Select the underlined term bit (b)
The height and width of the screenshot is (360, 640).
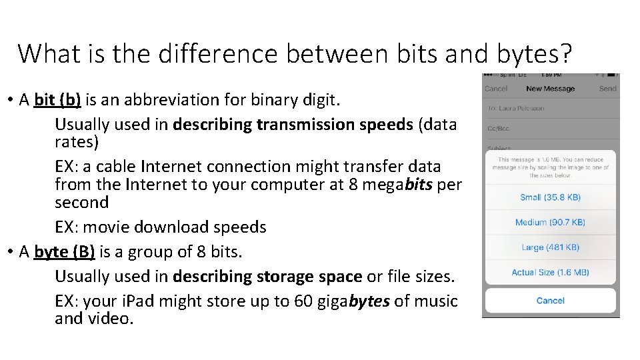(x=57, y=100)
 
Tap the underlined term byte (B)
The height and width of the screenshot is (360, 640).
(x=63, y=251)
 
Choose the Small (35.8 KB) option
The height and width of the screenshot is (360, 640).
(x=550, y=197)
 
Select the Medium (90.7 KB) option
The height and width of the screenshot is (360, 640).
(x=550, y=223)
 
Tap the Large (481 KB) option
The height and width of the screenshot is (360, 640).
(x=550, y=247)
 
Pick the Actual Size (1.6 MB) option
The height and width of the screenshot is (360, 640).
(x=550, y=272)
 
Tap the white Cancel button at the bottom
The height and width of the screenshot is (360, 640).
(x=550, y=301)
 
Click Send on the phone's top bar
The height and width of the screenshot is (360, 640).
(x=607, y=89)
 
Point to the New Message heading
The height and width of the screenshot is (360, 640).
(x=550, y=89)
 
